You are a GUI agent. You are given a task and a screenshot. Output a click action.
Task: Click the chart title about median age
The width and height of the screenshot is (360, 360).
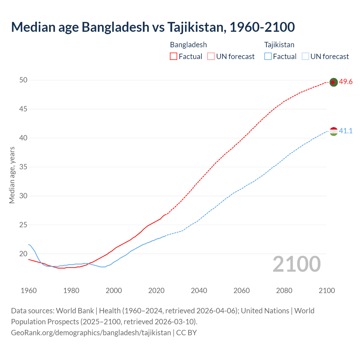(153, 27)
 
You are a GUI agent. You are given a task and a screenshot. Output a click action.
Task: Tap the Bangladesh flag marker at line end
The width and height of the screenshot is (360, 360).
(333, 82)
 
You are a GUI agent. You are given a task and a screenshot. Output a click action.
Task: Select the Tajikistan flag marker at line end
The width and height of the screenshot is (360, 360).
(333, 131)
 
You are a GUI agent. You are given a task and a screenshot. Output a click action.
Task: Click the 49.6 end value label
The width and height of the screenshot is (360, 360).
(346, 82)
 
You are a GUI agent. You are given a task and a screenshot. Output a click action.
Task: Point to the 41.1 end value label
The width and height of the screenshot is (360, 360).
(346, 131)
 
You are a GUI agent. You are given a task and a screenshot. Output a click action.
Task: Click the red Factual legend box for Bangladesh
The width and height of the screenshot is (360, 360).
(174, 57)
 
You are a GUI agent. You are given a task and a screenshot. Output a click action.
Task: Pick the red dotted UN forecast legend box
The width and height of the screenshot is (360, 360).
(211, 57)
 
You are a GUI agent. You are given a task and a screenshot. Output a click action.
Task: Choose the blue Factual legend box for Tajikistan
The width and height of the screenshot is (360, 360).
(268, 57)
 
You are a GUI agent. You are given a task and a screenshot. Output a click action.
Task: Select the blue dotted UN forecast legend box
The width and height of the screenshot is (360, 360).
(305, 57)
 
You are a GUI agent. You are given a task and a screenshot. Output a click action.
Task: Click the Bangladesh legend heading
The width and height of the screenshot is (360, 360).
(188, 45)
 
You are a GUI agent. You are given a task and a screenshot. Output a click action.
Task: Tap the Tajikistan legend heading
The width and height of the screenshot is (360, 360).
(279, 45)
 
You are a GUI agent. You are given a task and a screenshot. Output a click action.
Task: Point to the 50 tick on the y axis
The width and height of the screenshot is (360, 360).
(23, 80)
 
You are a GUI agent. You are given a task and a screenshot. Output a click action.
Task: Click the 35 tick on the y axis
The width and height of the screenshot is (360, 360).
(23, 167)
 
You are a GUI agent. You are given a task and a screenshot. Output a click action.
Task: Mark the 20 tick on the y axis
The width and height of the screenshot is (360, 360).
(23, 254)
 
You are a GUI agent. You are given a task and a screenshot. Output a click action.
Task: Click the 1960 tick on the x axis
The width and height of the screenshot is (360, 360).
(29, 291)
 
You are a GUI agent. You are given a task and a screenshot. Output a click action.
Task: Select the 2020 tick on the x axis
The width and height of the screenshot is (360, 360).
(156, 291)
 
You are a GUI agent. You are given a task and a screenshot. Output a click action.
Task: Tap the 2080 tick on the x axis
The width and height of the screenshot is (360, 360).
(284, 291)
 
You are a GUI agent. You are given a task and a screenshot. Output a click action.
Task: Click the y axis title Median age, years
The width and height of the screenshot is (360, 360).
(12, 175)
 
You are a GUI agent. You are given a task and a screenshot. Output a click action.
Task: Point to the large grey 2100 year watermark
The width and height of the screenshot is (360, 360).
(296, 264)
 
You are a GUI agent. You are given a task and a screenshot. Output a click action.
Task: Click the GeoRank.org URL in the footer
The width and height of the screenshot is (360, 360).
(91, 333)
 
